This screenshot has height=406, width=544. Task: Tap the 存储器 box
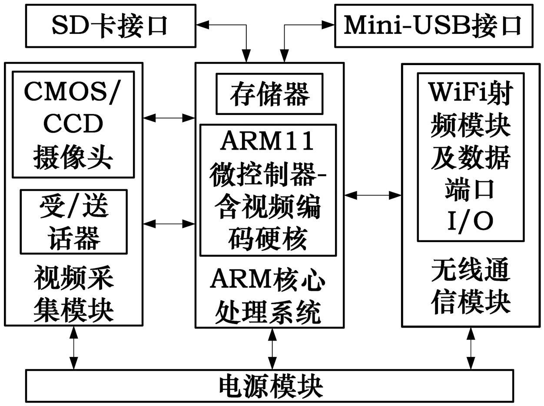pos(269,94)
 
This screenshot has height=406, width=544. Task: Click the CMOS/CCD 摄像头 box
pos(73,125)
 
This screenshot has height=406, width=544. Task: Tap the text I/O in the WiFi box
pos(470,221)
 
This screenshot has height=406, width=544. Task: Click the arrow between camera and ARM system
pos(169,117)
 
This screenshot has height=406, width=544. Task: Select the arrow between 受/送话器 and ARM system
pos(169,224)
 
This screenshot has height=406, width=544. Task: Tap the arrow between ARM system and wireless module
pos(372,195)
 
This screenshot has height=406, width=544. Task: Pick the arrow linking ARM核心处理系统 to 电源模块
pos(272,349)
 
